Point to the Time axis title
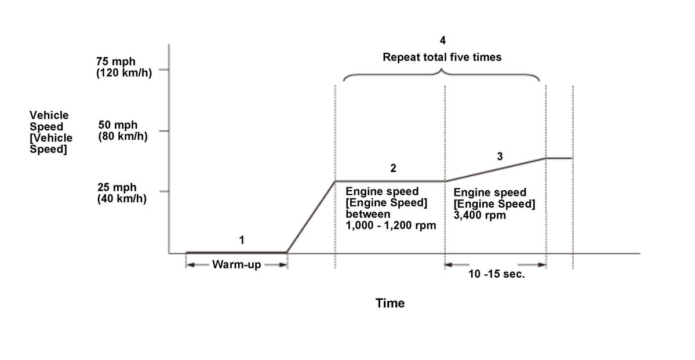(390, 303)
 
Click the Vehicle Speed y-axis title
(51, 132)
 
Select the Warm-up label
(236, 265)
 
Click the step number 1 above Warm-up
(242, 239)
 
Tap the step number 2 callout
(393, 168)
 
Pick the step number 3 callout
(500, 156)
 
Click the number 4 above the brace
(443, 41)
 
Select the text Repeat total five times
(442, 57)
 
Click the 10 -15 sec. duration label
(496, 274)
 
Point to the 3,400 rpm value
(479, 215)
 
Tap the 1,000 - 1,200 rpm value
(391, 226)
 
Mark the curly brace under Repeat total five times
(442, 75)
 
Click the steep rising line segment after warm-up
(311, 217)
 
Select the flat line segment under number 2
(390, 181)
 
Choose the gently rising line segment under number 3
(496, 169)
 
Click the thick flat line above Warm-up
(236, 252)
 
